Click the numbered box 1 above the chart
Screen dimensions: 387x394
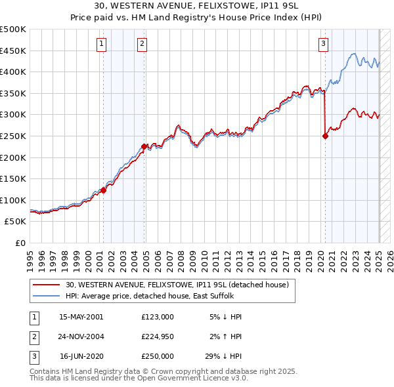[x=102, y=44]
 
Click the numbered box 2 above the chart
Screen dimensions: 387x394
[x=142, y=44]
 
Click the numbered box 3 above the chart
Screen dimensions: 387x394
[x=324, y=44]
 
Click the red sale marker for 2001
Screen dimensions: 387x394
[x=103, y=190]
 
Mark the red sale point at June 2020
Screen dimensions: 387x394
[x=325, y=136]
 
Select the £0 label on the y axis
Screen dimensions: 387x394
[x=20, y=243]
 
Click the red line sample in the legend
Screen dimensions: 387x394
[x=46, y=285]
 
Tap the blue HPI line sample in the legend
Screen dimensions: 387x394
[x=46, y=296]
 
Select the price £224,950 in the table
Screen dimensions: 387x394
[x=157, y=336]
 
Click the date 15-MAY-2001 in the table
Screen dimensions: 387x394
[x=81, y=317]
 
